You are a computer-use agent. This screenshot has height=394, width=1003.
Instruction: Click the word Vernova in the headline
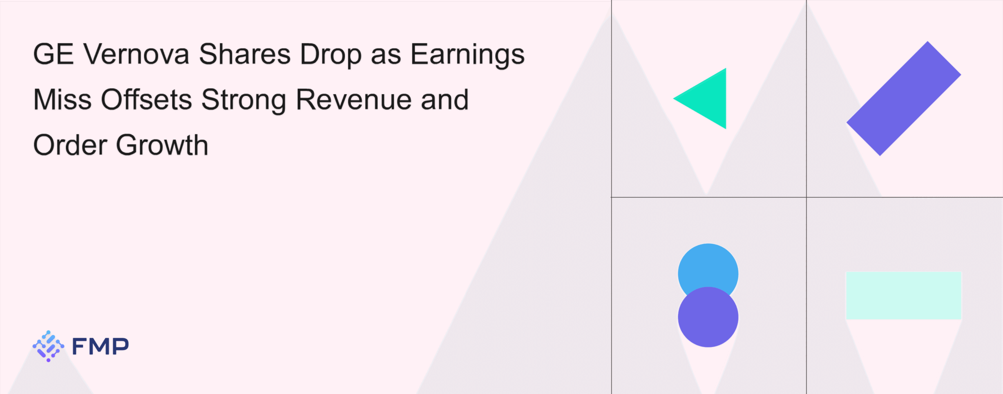pos(137,54)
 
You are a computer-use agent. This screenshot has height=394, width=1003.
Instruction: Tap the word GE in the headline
pos(54,54)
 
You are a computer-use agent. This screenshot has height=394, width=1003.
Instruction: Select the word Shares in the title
pos(245,54)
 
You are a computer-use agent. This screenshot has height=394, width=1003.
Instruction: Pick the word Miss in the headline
pos(63,100)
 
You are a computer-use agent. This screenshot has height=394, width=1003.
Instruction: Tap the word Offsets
pos(147,100)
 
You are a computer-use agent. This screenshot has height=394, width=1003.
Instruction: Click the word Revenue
pos(354,100)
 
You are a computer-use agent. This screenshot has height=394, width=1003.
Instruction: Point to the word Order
pos(70,145)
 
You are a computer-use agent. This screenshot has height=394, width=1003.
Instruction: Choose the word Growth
pos(162,145)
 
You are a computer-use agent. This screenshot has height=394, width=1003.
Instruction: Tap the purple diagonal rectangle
pos(904,98)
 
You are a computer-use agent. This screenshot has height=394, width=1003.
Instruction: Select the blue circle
pos(708,267)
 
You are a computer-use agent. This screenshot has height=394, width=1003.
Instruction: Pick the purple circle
pos(708,317)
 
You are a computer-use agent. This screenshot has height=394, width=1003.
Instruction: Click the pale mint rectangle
pos(903,295)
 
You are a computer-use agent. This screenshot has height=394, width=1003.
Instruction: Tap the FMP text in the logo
pos(100,347)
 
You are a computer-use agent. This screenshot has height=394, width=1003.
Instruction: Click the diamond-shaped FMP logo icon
pos(49,346)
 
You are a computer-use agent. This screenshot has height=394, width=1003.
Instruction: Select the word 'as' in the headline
pos(386,57)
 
